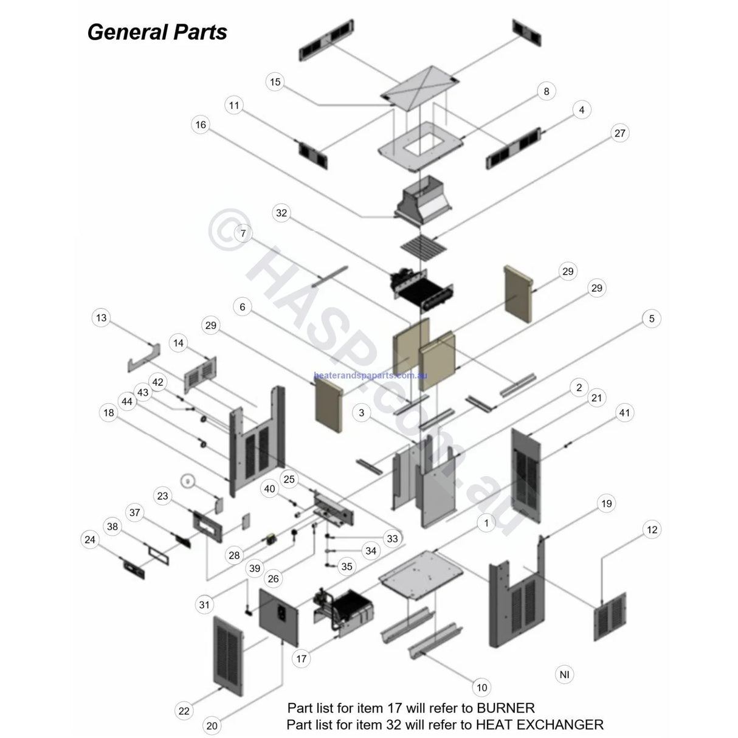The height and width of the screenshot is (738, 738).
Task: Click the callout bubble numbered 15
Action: [x=275, y=82]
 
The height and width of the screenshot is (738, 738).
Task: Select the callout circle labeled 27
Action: [x=619, y=133]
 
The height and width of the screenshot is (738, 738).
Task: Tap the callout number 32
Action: [x=281, y=213]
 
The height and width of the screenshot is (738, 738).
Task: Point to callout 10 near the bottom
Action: [x=482, y=688]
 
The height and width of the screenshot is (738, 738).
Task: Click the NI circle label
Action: [x=565, y=674]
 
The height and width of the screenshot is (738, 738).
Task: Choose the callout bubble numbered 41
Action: [x=624, y=413]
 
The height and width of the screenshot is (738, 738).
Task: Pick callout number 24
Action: [x=90, y=539]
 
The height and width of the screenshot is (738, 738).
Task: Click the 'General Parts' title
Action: [x=157, y=32]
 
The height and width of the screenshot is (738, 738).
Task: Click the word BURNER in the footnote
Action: [x=506, y=708]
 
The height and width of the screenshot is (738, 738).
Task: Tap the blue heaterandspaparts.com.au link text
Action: [x=371, y=376]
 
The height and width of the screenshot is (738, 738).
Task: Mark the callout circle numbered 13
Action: [x=101, y=318]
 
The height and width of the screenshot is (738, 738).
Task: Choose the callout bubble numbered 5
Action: [x=652, y=319]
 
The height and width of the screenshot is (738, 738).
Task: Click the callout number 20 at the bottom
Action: [x=212, y=725]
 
